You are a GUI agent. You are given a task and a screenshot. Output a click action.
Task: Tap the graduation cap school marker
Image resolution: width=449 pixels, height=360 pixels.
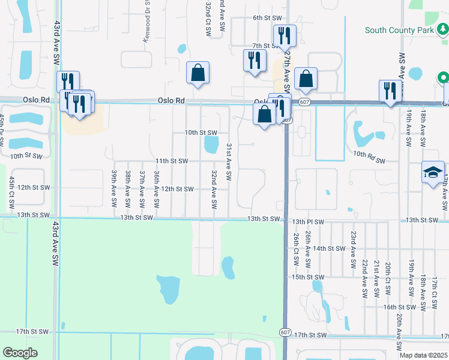[x=433, y=172]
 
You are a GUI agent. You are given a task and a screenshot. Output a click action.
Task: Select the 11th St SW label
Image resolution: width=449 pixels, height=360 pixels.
[x=172, y=161]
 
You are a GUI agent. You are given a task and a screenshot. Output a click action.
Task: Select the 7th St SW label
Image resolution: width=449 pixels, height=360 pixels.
[x=264, y=46]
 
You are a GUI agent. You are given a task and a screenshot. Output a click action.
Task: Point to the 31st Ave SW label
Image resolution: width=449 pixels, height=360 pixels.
[x=229, y=162]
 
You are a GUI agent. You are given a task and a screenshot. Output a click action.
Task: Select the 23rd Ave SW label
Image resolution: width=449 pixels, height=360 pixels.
[x=354, y=248]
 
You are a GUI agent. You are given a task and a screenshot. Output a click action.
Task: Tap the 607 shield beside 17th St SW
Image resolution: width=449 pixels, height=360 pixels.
[x=285, y=331]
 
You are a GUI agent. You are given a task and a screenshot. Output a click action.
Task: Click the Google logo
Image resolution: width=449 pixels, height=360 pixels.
[x=20, y=353]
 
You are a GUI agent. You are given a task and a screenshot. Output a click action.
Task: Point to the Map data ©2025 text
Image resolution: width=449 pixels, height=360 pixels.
[x=423, y=355]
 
